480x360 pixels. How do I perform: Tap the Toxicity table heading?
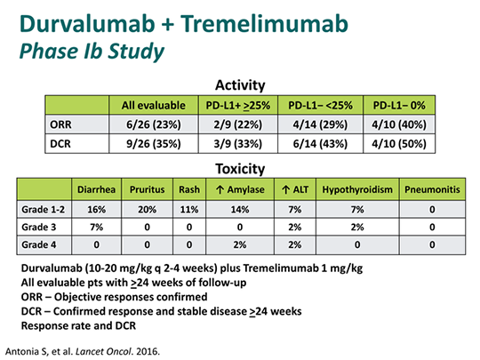tap(241, 167)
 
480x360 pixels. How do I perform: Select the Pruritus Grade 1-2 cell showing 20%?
tap(148, 208)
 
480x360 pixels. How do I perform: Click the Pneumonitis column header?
tap(434, 189)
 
